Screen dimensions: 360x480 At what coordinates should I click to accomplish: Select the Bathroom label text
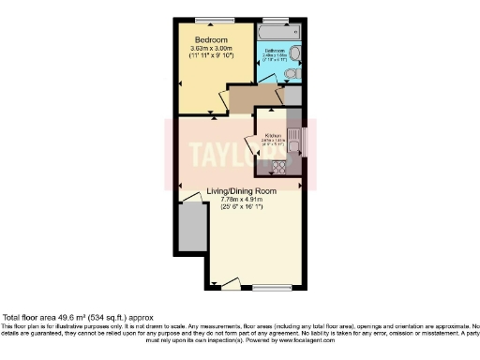[275, 50]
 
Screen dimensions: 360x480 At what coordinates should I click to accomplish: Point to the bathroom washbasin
[294, 53]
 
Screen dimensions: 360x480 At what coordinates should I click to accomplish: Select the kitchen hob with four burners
[278, 166]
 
